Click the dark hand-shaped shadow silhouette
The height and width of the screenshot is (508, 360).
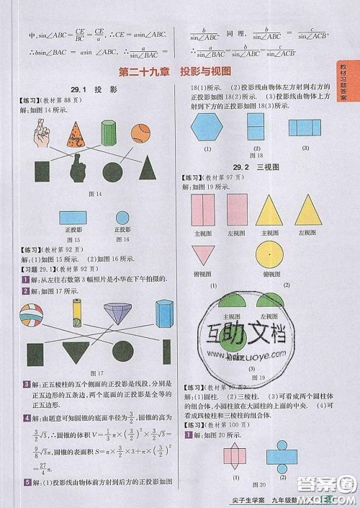click(x=75, y=170)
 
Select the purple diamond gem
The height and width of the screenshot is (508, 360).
click(x=117, y=313)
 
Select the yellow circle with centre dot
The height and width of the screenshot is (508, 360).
click(x=268, y=258)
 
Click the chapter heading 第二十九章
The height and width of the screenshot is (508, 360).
click(x=142, y=72)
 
